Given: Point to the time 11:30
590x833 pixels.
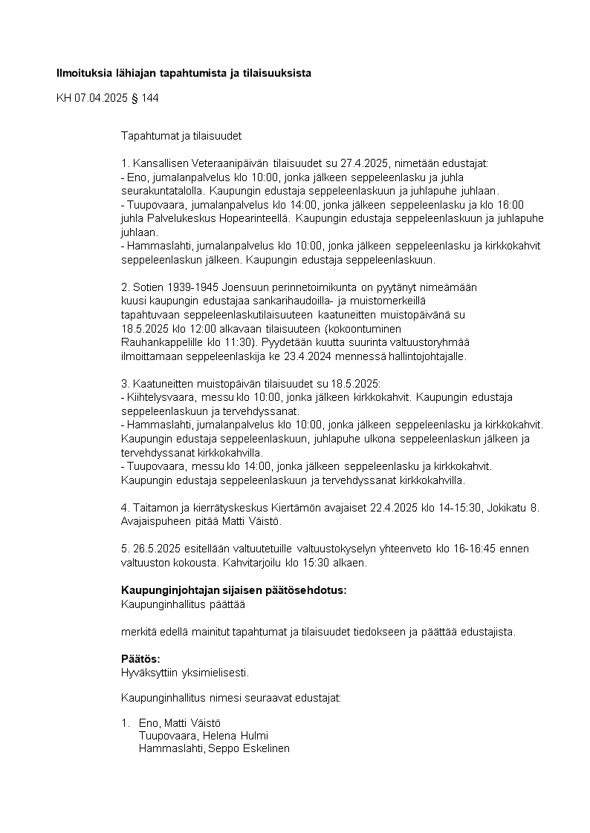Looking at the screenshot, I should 234,342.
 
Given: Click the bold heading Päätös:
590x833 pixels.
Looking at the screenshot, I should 140,659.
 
